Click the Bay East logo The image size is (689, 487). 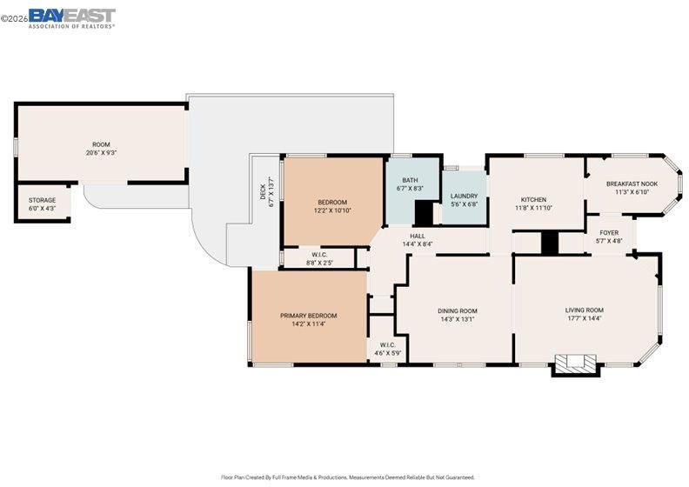pos(72,18)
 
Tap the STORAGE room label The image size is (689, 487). pos(42,200)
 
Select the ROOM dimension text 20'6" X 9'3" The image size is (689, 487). pos(101,153)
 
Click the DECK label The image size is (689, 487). pos(263,192)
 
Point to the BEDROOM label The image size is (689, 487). pos(332,203)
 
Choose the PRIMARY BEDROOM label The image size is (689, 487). pos(309,316)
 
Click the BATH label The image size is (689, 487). pos(410,180)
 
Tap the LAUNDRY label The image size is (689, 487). pos(464,196)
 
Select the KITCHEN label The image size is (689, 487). pos(533,199)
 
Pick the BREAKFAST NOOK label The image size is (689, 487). pos(632,184)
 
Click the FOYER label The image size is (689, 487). pos(609,232)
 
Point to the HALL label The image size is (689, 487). pos(418,236)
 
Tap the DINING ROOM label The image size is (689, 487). pos(458,311)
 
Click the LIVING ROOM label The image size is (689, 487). pos(584,310)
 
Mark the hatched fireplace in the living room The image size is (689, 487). pos(576,364)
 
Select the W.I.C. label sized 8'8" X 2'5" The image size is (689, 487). pos(319,255)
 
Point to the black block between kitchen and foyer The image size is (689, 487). pos(549,243)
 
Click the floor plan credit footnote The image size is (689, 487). pos(348,477)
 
